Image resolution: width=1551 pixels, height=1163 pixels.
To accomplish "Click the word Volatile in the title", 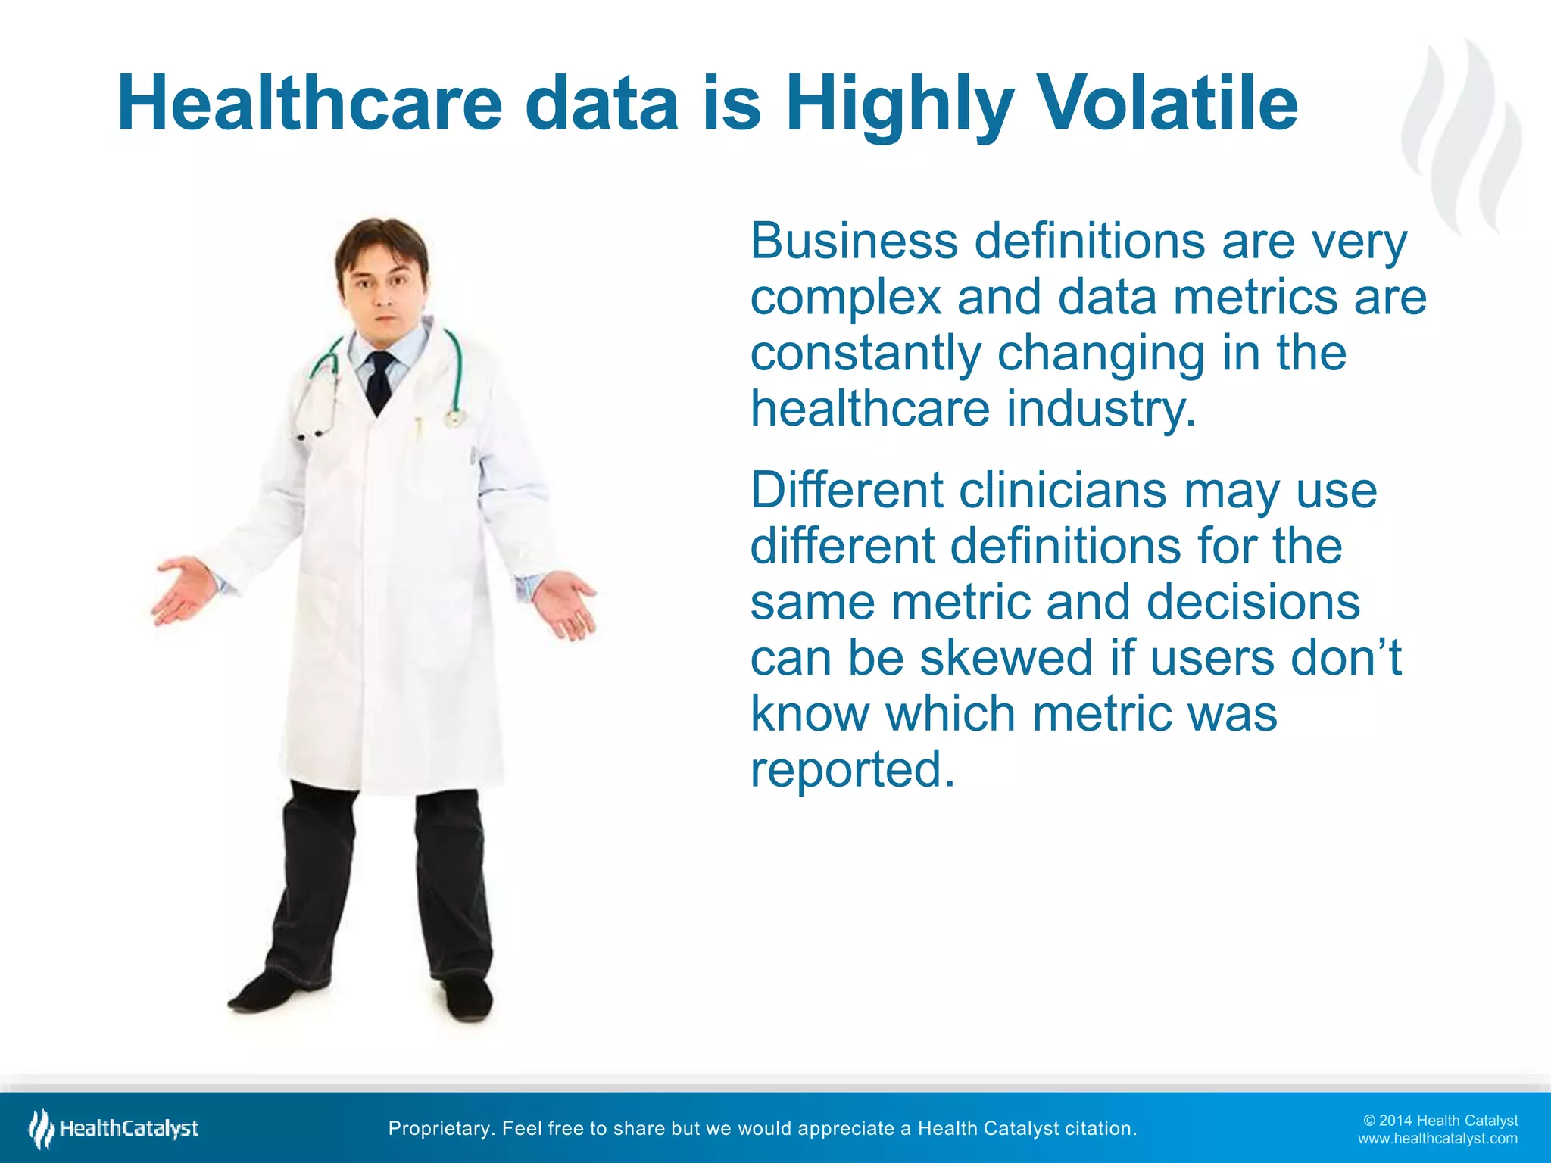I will pos(1166,104).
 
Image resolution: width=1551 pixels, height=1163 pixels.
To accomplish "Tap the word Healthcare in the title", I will pos(309,104).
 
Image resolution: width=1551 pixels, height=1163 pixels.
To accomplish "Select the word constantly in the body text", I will pos(865,354).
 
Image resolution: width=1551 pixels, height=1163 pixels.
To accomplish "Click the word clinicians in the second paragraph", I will pos(1063,491).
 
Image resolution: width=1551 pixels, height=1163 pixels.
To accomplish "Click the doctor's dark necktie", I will pos(379,382).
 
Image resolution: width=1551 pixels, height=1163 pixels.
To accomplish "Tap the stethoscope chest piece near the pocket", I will pos(454,416).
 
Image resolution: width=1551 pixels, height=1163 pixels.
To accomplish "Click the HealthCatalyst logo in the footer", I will pos(114,1129).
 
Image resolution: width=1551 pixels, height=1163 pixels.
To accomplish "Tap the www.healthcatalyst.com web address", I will pos(1437,1139).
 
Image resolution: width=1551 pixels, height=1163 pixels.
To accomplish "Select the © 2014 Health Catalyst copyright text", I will pos(1440,1121).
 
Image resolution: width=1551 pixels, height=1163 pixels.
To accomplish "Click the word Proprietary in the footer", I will pos(440,1129).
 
